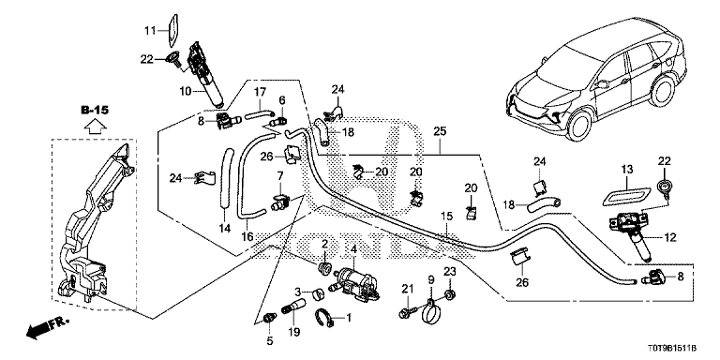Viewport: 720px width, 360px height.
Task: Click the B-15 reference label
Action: point(94,111)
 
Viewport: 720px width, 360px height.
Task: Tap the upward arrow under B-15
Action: point(94,126)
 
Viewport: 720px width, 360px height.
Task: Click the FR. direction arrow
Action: point(47,326)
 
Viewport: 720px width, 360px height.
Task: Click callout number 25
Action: point(440,132)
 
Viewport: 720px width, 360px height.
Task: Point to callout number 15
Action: point(447,216)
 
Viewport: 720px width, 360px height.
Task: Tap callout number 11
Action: point(150,31)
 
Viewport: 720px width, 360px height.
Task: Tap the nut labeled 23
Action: point(450,293)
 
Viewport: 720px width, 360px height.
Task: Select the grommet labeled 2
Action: point(325,268)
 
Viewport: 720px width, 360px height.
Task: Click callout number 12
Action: point(670,237)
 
